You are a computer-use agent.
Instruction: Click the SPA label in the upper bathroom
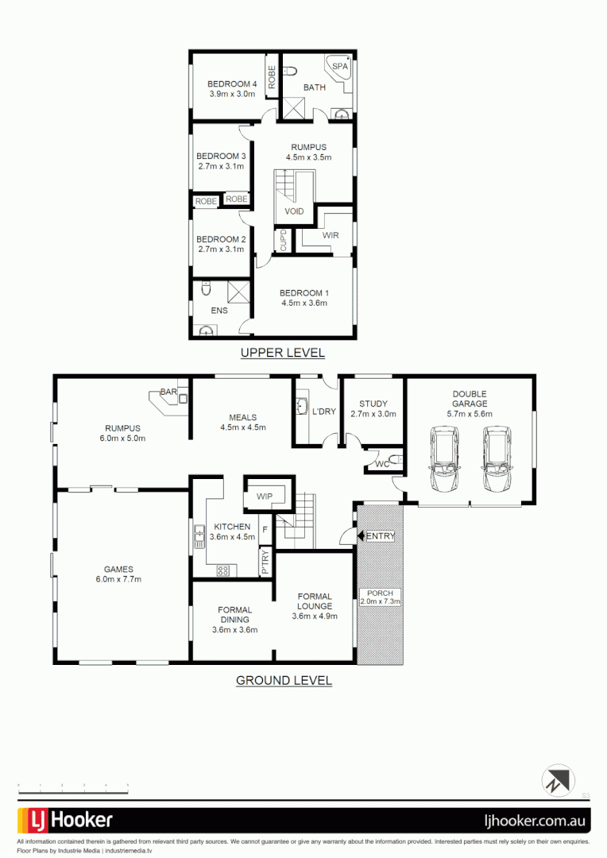(339, 66)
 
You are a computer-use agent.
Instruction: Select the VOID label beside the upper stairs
(294, 211)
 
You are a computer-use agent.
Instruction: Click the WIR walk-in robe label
(331, 236)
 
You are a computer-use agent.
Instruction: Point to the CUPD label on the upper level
(283, 240)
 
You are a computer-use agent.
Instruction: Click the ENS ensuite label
(219, 311)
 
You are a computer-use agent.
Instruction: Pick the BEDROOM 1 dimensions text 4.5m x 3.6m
(304, 303)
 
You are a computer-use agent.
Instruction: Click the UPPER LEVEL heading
(283, 353)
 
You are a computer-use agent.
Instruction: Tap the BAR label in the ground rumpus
(168, 392)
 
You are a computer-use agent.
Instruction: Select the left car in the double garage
(443, 460)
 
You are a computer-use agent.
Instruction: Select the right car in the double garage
(497, 460)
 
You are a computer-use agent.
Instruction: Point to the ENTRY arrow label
(377, 536)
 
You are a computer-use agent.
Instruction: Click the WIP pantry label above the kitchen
(265, 497)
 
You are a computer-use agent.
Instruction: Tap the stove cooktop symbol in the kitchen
(223, 569)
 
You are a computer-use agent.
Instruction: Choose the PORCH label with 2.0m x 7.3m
(381, 597)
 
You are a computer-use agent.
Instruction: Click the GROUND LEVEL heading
(284, 681)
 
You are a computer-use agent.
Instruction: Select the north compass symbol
(559, 780)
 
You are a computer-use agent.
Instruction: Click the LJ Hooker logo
(65, 821)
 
